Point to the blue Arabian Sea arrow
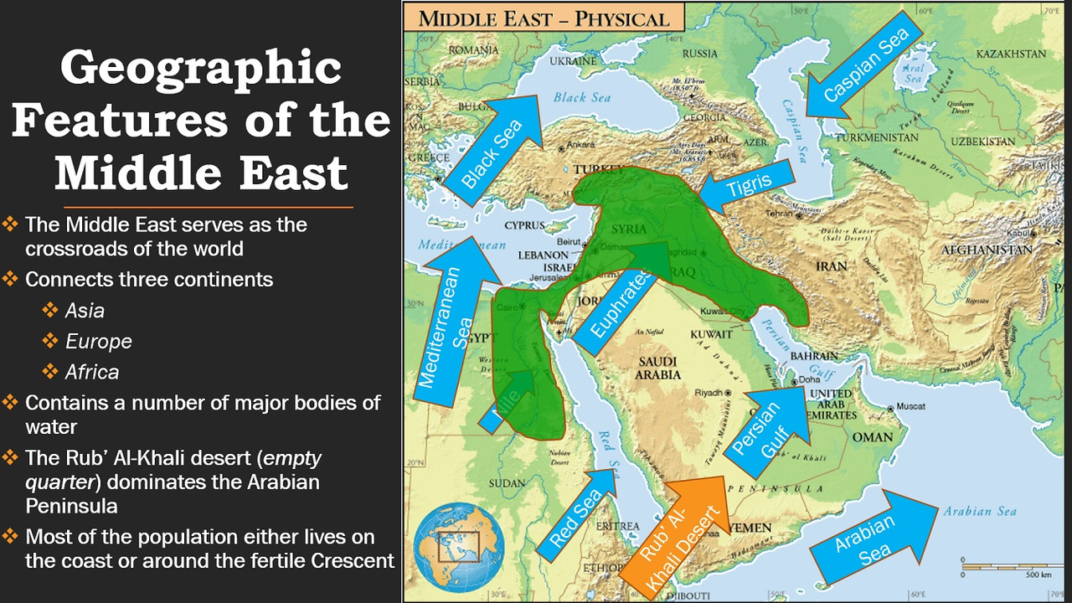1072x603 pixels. pyautogui.click(x=871, y=536)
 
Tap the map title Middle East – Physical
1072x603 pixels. pyautogui.click(x=544, y=18)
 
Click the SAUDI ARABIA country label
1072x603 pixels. pyautogui.click(x=658, y=368)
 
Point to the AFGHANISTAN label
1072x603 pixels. pyautogui.click(x=986, y=250)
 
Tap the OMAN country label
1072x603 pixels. pyautogui.click(x=872, y=437)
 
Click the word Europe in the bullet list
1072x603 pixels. pyautogui.click(x=99, y=342)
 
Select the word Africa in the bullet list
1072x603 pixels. pyautogui.click(x=92, y=372)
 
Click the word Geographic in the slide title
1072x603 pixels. pyautogui.click(x=201, y=69)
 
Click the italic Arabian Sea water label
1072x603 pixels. pyautogui.click(x=979, y=512)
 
